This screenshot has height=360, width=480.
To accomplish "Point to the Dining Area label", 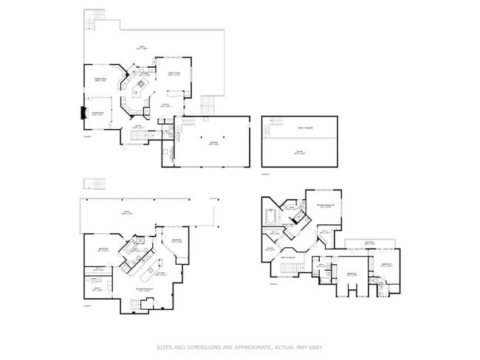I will [x=101, y=80].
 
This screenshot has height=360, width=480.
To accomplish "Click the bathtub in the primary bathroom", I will [x=270, y=218].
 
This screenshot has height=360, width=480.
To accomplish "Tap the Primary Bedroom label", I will [x=323, y=207].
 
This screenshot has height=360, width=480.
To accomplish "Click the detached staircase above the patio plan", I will [x=93, y=184].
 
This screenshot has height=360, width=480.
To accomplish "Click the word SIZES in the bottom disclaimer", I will [x=163, y=346].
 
